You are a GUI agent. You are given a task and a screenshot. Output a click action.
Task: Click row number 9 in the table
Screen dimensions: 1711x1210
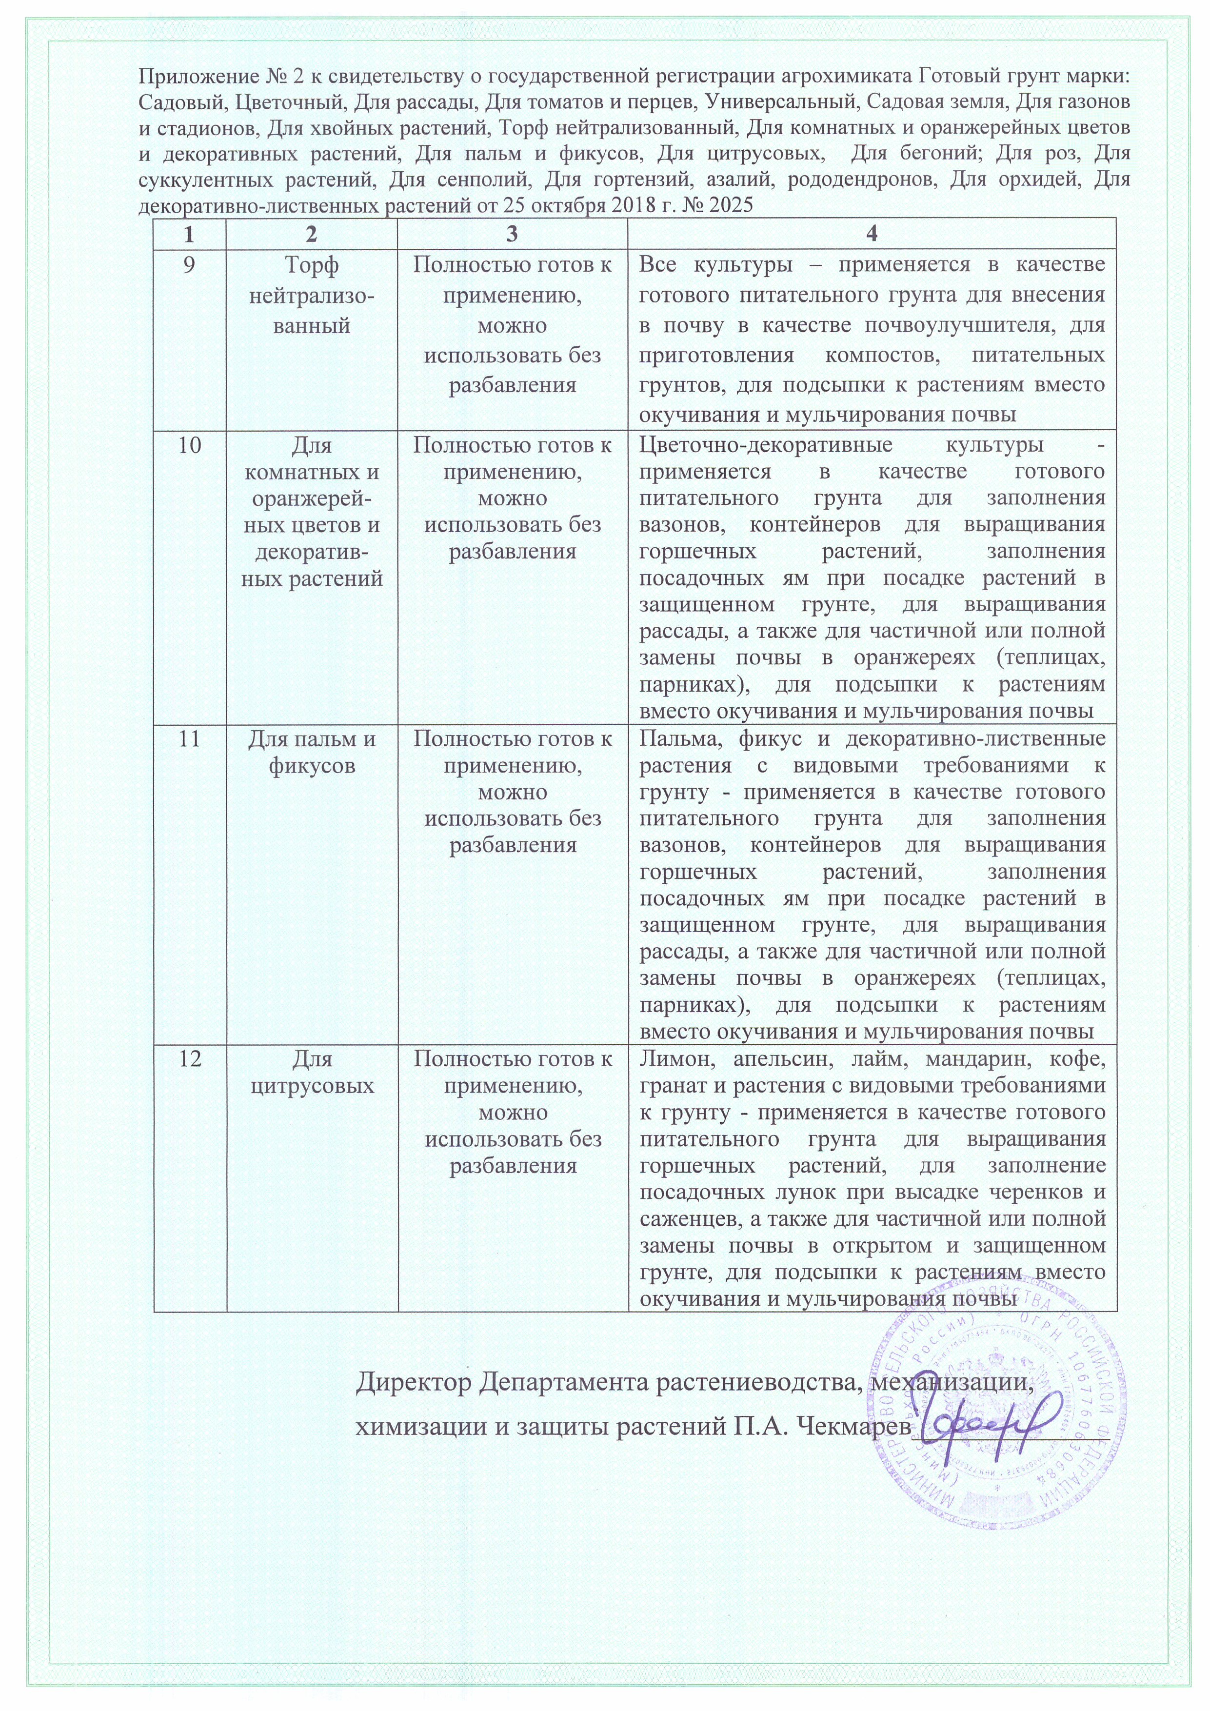(x=190, y=266)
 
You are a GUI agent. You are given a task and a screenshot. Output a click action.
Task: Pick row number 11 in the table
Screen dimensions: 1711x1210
(x=190, y=739)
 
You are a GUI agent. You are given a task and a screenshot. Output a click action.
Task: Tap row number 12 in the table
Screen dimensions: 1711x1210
(x=190, y=1059)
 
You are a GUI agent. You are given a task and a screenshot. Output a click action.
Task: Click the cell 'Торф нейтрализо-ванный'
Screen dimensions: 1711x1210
(x=312, y=295)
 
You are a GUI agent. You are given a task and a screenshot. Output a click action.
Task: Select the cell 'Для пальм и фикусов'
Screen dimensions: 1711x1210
(x=312, y=753)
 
